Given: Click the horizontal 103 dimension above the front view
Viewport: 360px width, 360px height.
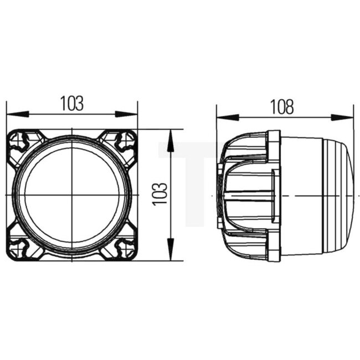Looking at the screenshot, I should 72,103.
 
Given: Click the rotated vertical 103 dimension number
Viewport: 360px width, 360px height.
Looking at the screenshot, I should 160,194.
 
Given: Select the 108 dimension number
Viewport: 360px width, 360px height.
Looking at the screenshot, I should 282,107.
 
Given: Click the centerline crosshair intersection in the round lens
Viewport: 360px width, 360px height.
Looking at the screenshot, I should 73,195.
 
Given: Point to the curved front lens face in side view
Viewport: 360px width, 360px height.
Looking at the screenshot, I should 349,196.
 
